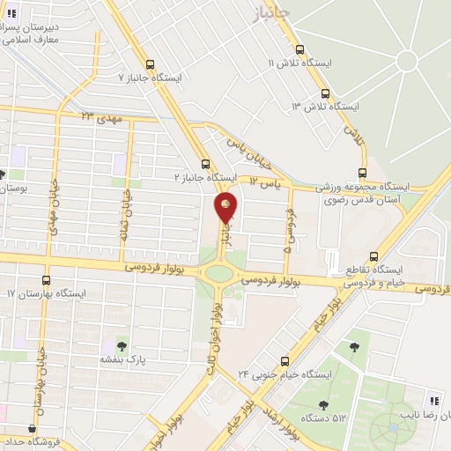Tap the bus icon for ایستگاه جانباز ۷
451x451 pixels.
(151, 64)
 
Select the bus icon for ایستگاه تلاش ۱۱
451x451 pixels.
(301, 50)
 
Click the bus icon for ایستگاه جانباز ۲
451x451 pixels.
(204, 164)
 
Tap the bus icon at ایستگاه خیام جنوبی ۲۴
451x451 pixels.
(285, 360)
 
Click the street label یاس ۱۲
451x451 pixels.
(263, 182)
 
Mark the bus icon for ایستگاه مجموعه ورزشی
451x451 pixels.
(361, 174)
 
